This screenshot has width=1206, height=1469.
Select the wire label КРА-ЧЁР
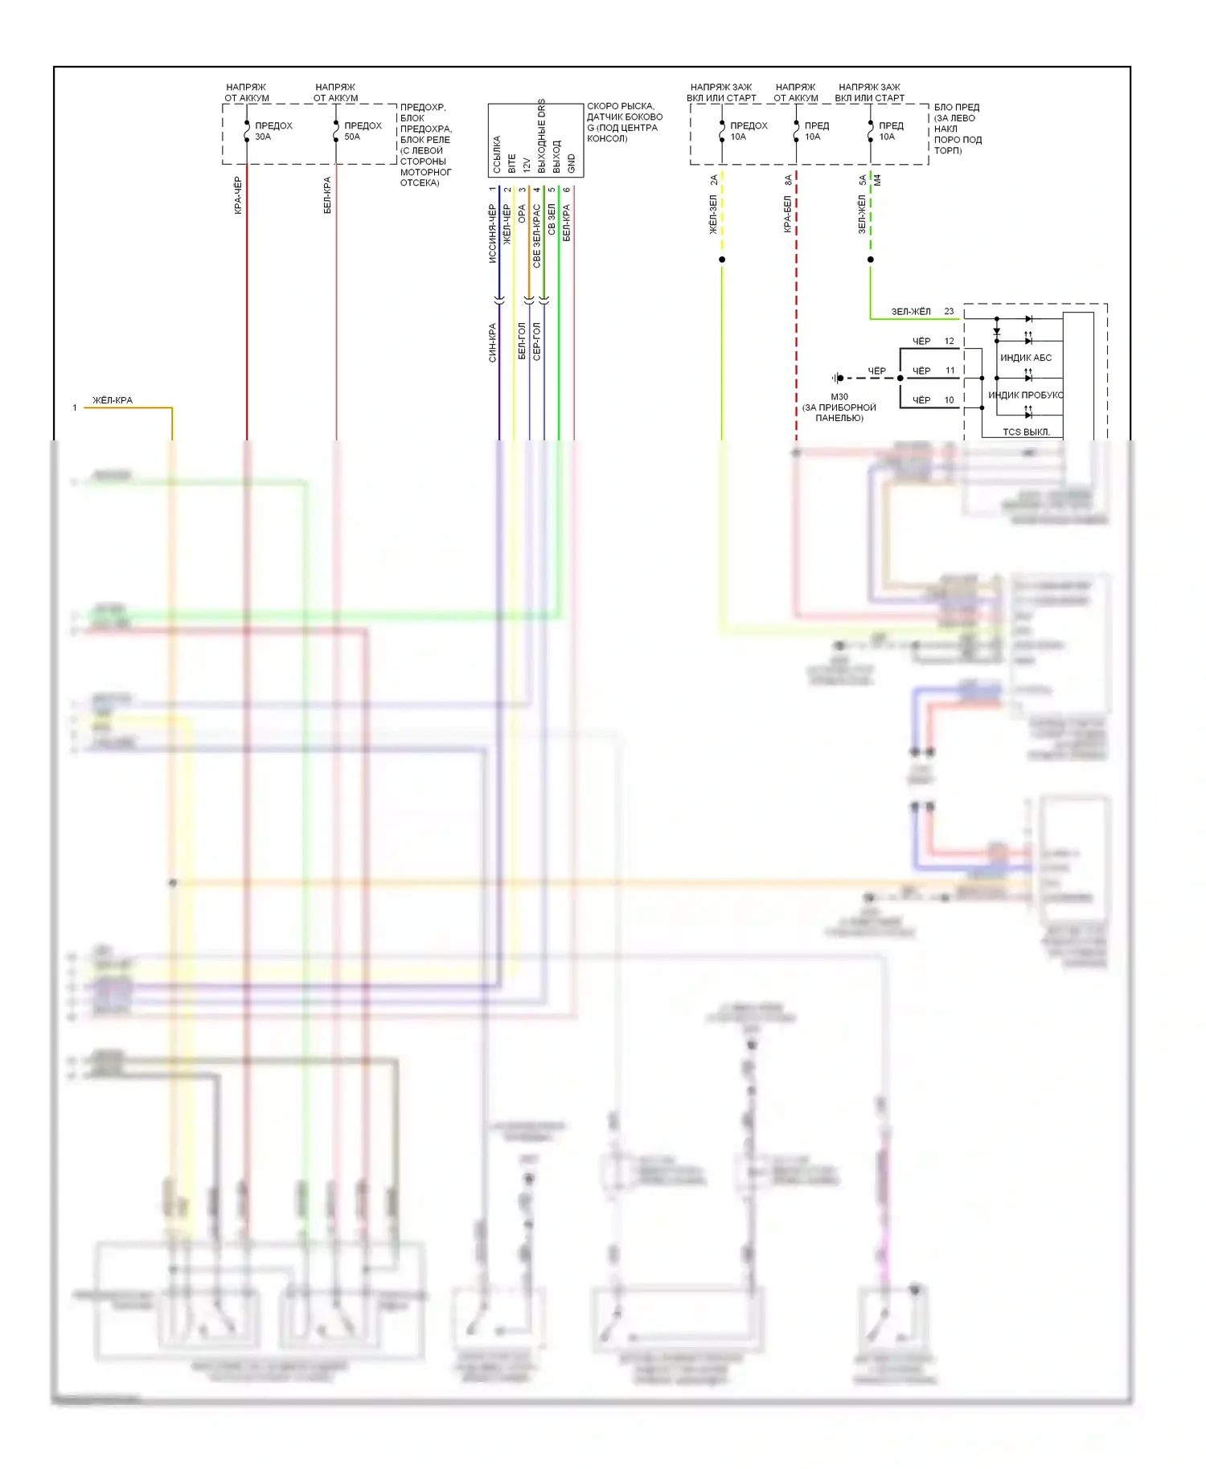(238, 195)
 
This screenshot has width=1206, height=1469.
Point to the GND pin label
(572, 163)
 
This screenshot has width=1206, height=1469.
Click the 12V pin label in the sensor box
(527, 165)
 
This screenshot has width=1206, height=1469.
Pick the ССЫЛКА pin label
(497, 154)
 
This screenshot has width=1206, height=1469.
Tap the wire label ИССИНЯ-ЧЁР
(492, 234)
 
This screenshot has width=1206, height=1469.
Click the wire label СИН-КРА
(492, 343)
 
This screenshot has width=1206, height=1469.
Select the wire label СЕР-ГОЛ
(536, 342)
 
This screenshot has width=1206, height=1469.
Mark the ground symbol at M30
(838, 378)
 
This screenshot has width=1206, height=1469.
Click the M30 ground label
(839, 397)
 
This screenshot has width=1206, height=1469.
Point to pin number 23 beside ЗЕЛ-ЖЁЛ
(949, 312)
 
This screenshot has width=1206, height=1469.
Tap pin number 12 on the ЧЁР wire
(949, 342)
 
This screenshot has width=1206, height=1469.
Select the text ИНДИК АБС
(1025, 358)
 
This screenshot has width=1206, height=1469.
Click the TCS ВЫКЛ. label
(1026, 432)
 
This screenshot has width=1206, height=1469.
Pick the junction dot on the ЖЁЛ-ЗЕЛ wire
(722, 260)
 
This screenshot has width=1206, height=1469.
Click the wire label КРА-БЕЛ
(788, 215)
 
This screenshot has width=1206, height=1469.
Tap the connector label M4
(878, 180)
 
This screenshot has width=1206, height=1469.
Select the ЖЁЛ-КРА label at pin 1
(113, 400)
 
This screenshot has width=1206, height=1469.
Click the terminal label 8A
(788, 181)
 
